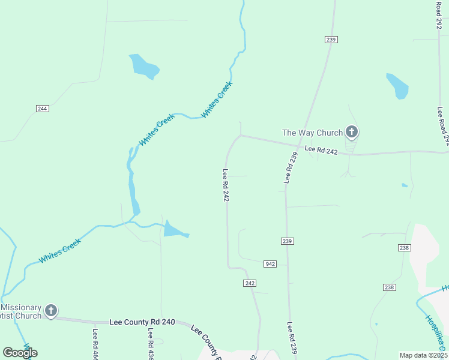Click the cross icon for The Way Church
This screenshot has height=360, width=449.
[352, 132]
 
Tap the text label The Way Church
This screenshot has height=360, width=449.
[312, 133]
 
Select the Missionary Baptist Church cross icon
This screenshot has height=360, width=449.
[51, 310]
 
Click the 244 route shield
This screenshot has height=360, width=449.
[42, 109]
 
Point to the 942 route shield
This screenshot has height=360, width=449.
[270, 263]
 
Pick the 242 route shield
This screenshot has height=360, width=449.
[250, 283]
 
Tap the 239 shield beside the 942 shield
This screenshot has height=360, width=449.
[286, 241]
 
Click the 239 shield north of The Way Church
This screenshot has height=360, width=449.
[331, 40]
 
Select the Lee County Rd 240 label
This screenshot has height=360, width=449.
[142, 322]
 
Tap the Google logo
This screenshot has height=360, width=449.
[20, 352]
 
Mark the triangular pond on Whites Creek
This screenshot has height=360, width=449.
[175, 229]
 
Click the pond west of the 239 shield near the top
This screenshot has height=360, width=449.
[145, 67]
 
